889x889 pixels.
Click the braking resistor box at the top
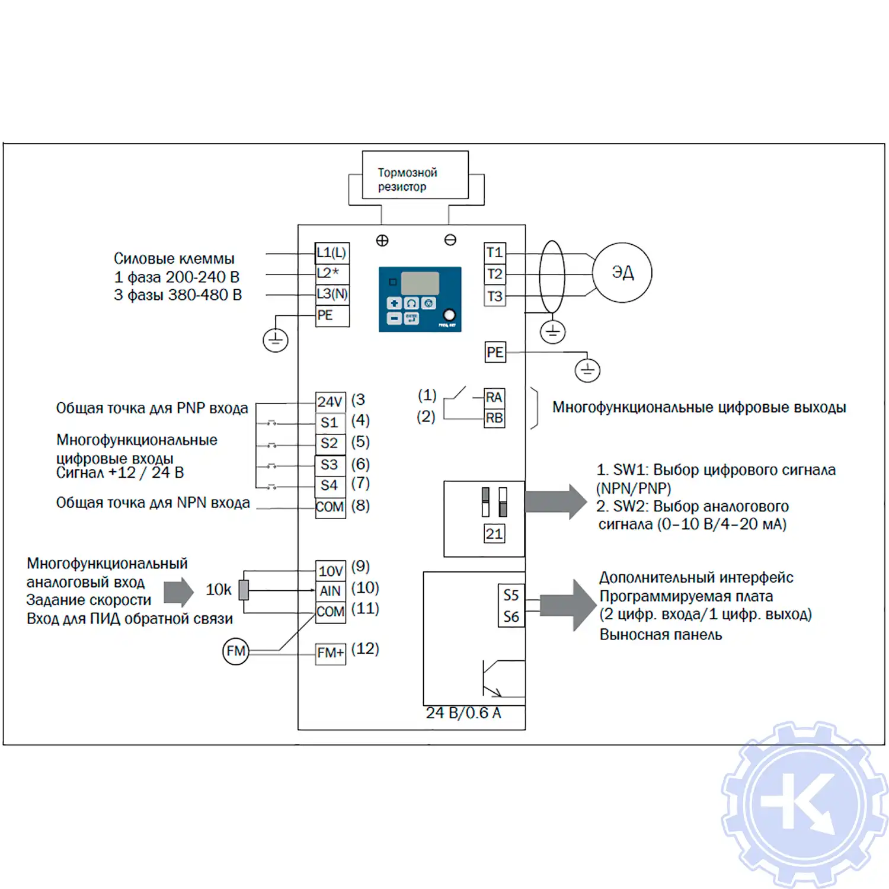click(415, 175)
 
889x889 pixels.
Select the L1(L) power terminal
click(331, 253)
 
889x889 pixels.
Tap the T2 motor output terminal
click(494, 274)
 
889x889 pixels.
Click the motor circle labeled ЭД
click(622, 273)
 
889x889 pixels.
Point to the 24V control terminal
click(330, 402)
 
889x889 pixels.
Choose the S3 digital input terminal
click(330, 465)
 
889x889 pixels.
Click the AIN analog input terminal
click(330, 591)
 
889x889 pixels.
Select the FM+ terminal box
click(330, 653)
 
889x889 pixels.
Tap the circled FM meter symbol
click(235, 651)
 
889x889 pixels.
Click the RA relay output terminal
click(494, 397)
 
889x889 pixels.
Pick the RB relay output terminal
click(494, 418)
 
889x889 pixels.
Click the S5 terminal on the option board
click(511, 595)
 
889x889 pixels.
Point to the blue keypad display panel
click(420, 299)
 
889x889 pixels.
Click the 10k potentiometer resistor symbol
click(243, 590)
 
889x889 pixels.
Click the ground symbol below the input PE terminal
click(276, 340)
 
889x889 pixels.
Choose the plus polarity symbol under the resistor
click(382, 241)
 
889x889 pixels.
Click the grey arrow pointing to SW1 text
click(555, 501)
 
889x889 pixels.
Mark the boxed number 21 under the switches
click(494, 534)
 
